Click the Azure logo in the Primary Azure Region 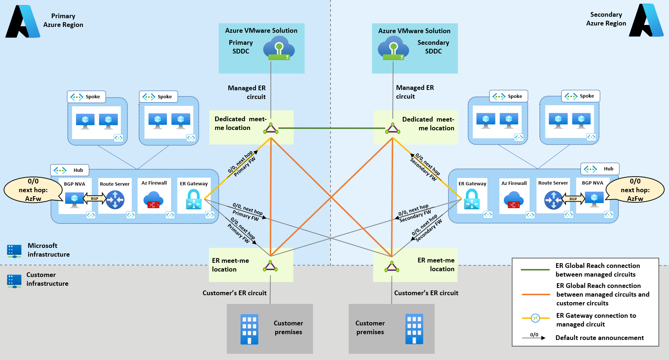click(x=23, y=21)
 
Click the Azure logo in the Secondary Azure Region click(x=646, y=20)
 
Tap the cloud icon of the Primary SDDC click(x=279, y=50)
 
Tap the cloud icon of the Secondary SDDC click(x=393, y=50)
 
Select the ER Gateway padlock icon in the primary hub click(x=194, y=199)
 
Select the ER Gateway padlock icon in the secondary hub click(x=472, y=199)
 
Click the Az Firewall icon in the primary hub click(x=153, y=200)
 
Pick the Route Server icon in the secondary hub click(x=553, y=200)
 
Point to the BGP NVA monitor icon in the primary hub click(x=75, y=199)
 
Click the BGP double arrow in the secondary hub click(x=573, y=199)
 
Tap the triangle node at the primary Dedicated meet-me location click(x=271, y=128)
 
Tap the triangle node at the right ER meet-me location click(x=392, y=267)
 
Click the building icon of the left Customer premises click(x=249, y=329)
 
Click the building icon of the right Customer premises click(x=414, y=329)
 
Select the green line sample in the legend click(x=535, y=270)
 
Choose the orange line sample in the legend click(x=536, y=294)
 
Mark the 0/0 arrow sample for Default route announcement click(x=534, y=337)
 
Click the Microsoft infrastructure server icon click(x=14, y=251)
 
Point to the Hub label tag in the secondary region click(x=600, y=169)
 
